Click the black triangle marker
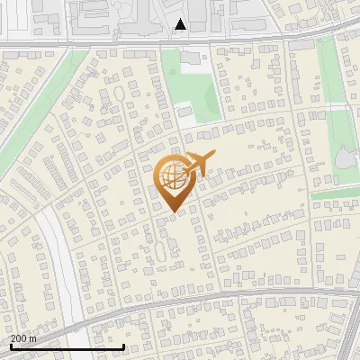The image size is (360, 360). coord(181,24)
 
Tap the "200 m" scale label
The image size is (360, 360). coord(23,338)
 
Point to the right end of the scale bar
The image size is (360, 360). coord(123,346)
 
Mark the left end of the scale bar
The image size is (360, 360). coord(11,346)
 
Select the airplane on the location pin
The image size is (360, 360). coord(199,163)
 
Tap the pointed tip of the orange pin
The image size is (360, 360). coord(172,211)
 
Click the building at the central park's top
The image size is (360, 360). coord(192,62)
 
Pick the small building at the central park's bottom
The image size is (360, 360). coord(184,112)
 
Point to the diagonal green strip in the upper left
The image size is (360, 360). coord(36,126)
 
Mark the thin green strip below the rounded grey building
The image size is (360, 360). coord(335,193)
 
